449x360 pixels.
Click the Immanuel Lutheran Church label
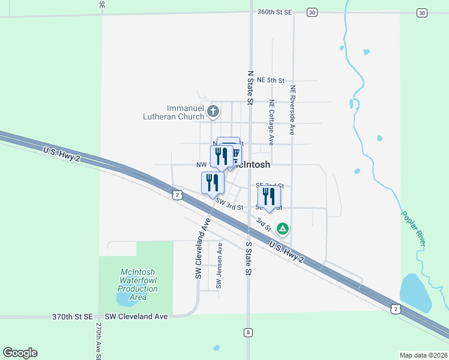click(x=174, y=112)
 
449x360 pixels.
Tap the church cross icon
click(x=212, y=111)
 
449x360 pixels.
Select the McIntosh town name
click(x=252, y=164)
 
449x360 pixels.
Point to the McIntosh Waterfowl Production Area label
click(x=137, y=284)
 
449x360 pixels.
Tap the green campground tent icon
click(x=283, y=229)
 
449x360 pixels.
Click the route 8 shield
click(x=247, y=332)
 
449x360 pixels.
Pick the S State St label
click(x=248, y=259)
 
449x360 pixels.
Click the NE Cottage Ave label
click(x=272, y=122)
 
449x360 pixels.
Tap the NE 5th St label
click(x=270, y=80)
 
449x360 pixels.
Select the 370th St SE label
click(x=72, y=316)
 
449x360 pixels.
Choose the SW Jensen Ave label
click(x=220, y=265)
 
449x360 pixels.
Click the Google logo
click(x=20, y=353)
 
